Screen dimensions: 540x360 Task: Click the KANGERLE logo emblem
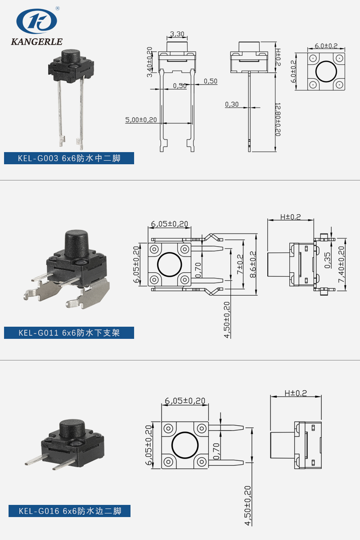37,21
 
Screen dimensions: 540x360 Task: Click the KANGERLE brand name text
37,42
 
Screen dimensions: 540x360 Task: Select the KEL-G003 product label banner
69,158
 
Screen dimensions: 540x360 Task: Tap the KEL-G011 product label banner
69,333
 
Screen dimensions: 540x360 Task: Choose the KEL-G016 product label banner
69,511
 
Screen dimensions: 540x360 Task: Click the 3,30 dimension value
177,34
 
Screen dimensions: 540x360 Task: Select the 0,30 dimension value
232,104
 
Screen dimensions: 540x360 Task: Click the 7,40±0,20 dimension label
341,264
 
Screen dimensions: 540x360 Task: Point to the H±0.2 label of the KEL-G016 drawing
296,393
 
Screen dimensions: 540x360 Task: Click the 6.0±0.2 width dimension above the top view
326,46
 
